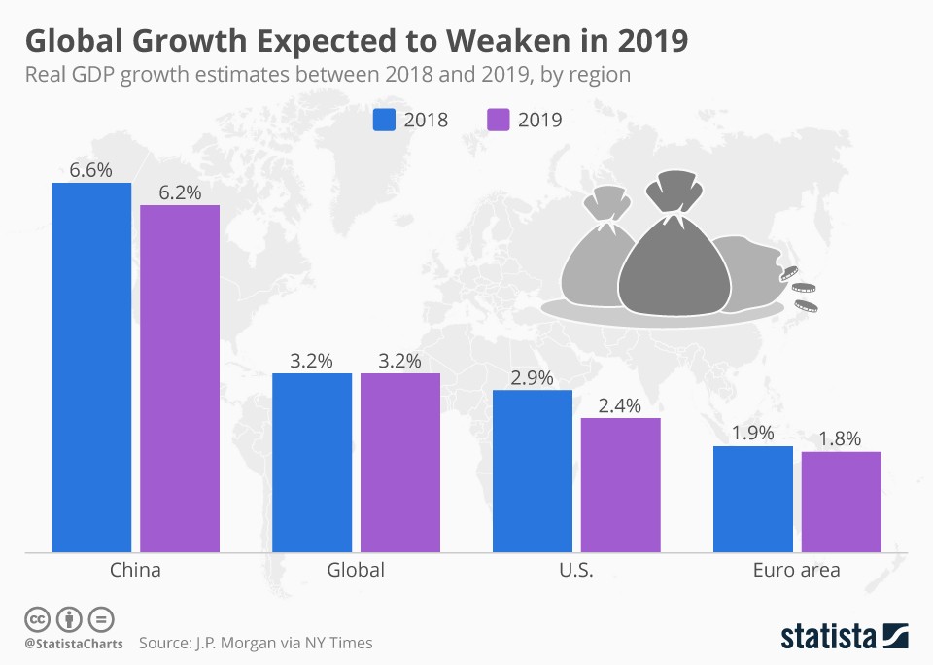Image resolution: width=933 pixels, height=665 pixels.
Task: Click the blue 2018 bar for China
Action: [91, 367]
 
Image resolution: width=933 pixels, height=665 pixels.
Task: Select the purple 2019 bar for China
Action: [180, 379]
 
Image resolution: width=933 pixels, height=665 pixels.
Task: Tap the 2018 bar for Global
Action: [312, 463]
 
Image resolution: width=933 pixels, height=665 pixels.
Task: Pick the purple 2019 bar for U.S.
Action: [620, 485]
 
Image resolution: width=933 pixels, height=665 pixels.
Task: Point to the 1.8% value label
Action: [841, 438]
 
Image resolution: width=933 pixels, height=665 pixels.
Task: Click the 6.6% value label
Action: [91, 169]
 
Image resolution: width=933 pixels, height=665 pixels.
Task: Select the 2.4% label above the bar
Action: [620, 405]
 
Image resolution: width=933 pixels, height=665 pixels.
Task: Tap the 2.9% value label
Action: [533, 377]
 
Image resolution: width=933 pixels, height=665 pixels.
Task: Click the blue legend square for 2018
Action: [385, 120]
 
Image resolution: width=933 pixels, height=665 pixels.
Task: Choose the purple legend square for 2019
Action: [497, 120]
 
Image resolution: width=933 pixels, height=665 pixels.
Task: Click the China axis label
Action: [136, 570]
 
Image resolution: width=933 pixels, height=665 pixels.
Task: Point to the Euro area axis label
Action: [796, 570]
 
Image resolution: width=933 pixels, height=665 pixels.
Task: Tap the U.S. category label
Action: [576, 570]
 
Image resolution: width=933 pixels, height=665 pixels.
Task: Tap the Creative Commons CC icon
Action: [38, 619]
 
